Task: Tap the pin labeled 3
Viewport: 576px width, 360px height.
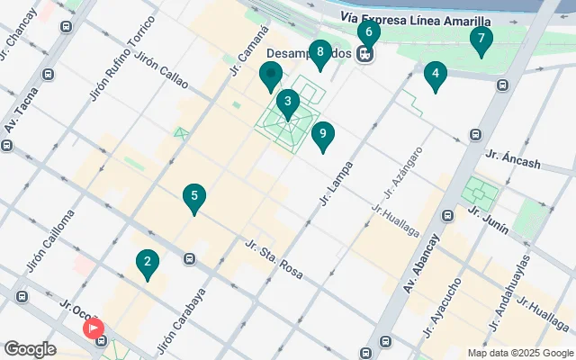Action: click(x=287, y=102)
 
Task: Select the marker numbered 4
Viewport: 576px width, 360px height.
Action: click(x=435, y=75)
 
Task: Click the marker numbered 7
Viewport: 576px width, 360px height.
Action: click(x=481, y=40)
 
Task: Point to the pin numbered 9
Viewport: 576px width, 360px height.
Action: click(x=322, y=136)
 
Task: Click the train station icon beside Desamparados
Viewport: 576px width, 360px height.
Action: click(x=365, y=54)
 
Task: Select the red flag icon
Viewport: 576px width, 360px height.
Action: click(x=94, y=330)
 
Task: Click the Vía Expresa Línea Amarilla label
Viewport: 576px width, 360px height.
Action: click(x=416, y=20)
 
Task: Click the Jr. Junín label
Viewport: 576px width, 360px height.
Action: click(x=488, y=220)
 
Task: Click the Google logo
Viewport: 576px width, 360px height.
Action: click(x=30, y=349)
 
